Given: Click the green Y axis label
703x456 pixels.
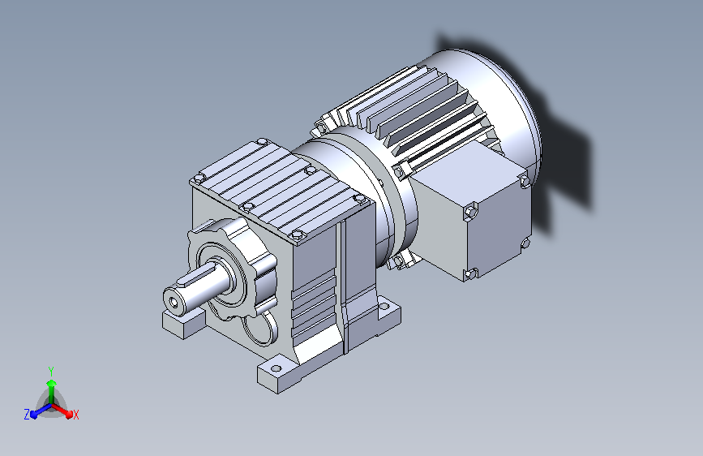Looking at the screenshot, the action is pos(51,371).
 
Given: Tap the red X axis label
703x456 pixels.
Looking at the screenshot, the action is pos(75,415).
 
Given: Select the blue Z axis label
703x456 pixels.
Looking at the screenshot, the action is pos(27,415).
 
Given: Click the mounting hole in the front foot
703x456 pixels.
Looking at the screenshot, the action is pos(276,368).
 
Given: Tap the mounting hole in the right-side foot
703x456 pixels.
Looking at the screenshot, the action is pos(384,307).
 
